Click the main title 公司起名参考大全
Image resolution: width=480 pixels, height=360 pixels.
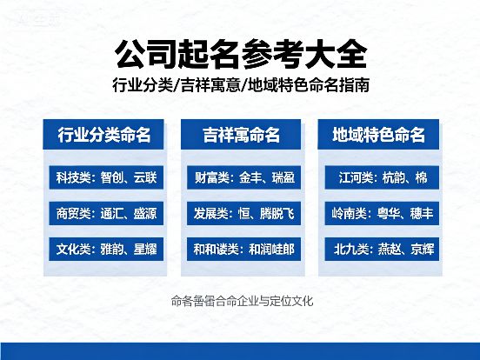(240, 54)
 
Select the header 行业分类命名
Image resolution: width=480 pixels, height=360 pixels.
(104, 135)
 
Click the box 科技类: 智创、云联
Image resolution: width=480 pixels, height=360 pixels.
(104, 178)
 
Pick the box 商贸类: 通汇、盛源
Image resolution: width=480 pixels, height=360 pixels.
(104, 214)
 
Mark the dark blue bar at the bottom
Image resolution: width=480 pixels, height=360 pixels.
(240, 352)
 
